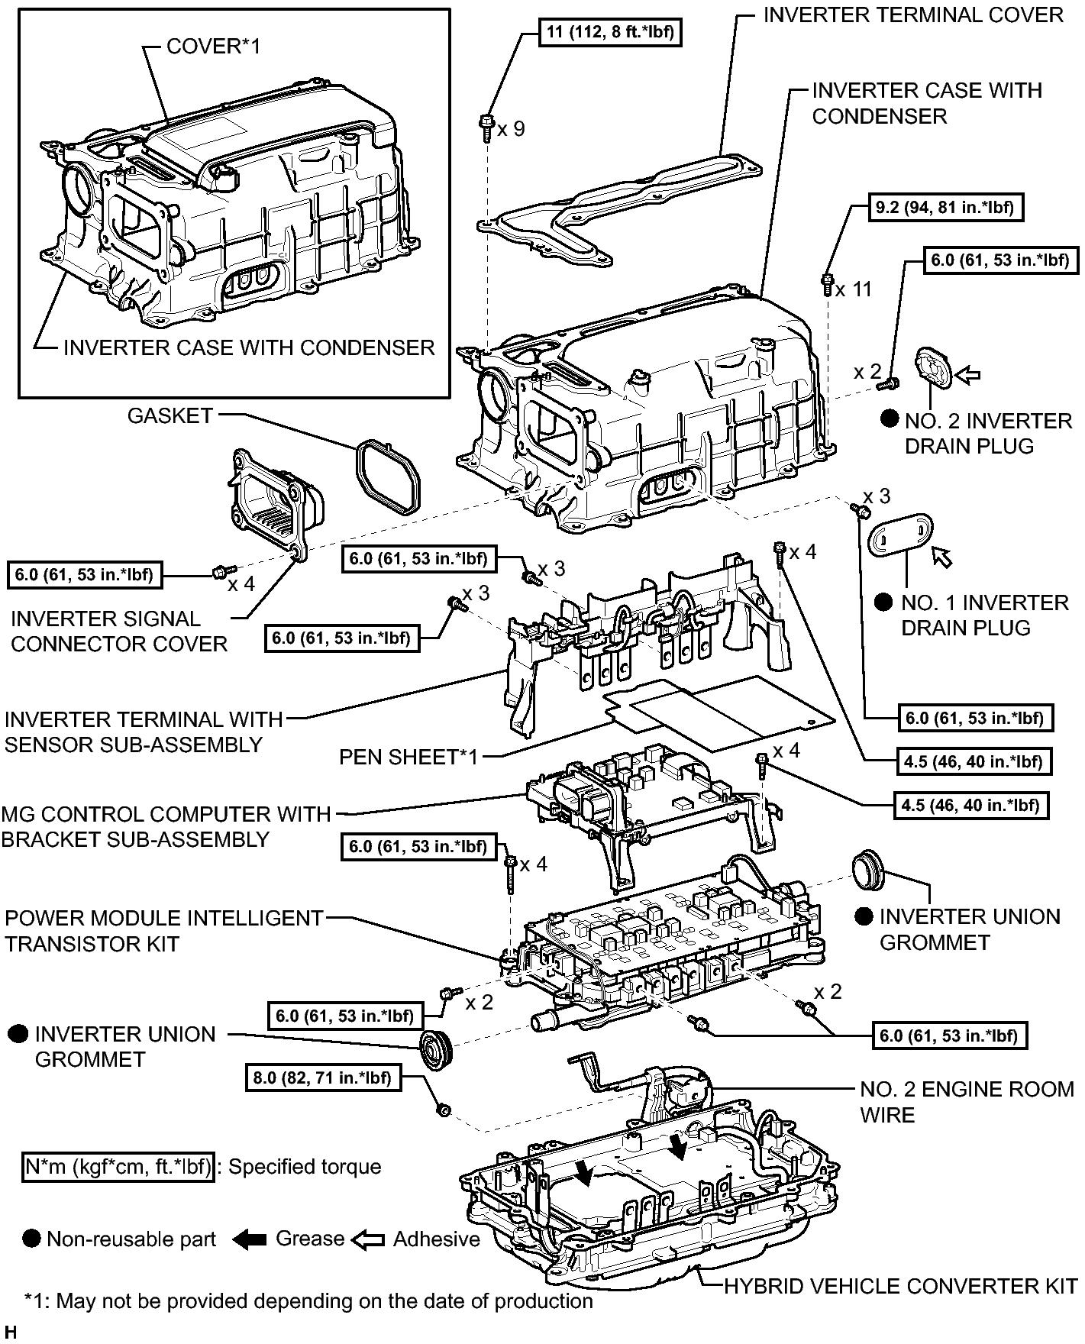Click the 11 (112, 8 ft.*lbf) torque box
pos(610,33)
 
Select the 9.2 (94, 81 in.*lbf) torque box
pos(945,207)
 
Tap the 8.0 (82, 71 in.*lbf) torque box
pos(322,1077)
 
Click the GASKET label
pos(170,416)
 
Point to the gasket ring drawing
pos(387,477)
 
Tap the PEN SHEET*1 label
pos(408,757)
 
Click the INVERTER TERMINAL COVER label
pos(913,15)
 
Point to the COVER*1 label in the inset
pos(213,47)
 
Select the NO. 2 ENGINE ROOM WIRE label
pos(967,1102)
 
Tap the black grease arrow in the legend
pos(249,1239)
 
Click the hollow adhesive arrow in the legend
pos(368,1239)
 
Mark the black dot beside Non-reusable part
pos(31,1239)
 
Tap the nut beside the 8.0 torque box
pos(442,1109)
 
